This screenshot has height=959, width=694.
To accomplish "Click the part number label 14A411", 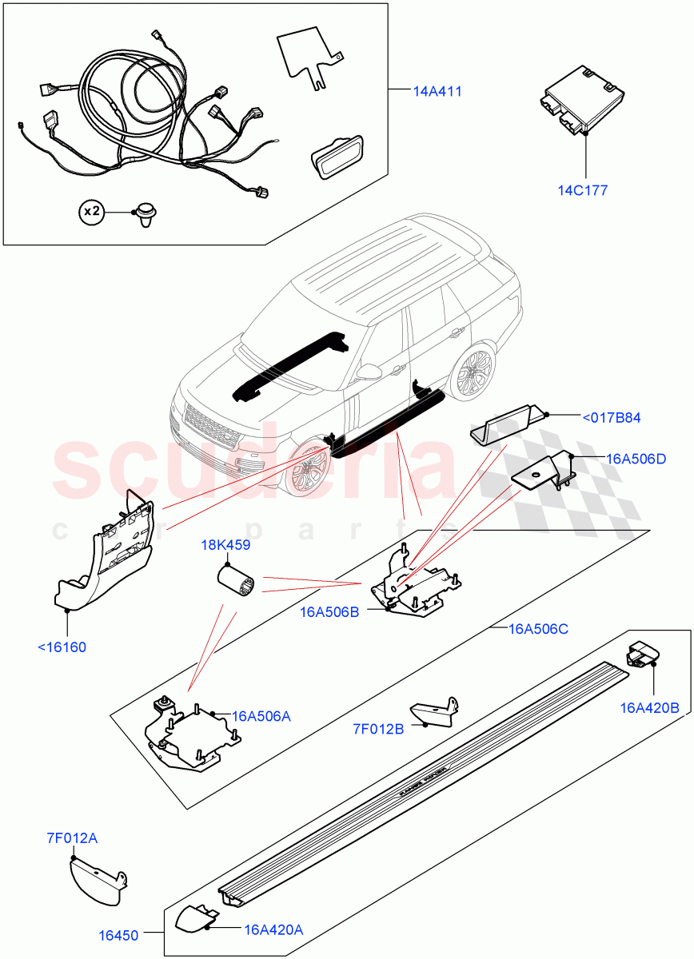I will pyautogui.click(x=437, y=92).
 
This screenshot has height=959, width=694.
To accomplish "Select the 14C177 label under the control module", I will pyautogui.click(x=583, y=190).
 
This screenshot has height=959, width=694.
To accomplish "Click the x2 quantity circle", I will pyautogui.click(x=92, y=212).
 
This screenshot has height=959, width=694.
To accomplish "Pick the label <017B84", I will pyautogui.click(x=611, y=417).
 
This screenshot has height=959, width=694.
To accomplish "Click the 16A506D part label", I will pyautogui.click(x=636, y=459).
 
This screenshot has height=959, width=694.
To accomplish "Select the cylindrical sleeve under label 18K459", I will pyautogui.click(x=237, y=581).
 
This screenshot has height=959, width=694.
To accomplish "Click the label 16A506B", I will pyautogui.click(x=329, y=613).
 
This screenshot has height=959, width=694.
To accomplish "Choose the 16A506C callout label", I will pyautogui.click(x=538, y=629).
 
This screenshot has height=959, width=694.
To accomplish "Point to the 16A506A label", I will pyautogui.click(x=261, y=716).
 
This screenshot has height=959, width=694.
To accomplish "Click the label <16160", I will pyautogui.click(x=62, y=647).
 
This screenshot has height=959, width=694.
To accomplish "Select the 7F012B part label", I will pyautogui.click(x=379, y=728).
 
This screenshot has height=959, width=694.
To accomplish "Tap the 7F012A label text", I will pyautogui.click(x=71, y=838).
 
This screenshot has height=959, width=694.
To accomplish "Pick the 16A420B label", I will pyautogui.click(x=649, y=708).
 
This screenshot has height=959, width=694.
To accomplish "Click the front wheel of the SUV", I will pyautogui.click(x=306, y=469).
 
